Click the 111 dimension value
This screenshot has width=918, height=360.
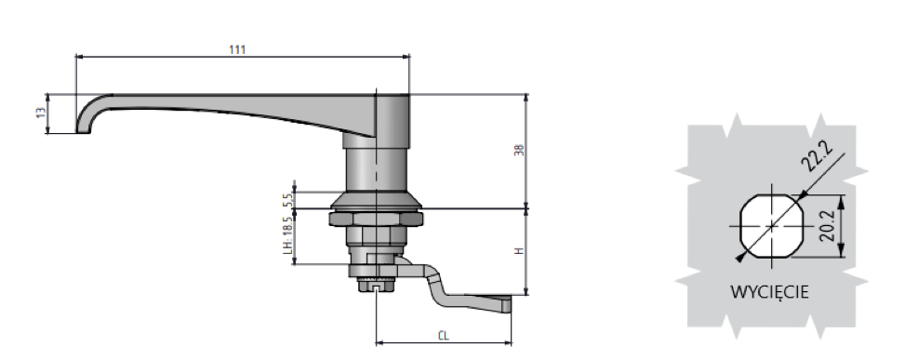point(237,49)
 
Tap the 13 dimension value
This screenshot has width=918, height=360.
point(40,113)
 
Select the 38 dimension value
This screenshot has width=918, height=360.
point(519,150)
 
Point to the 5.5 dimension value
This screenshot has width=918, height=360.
point(286,199)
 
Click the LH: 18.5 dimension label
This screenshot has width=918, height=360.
point(286,235)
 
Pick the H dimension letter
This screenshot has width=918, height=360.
point(519,251)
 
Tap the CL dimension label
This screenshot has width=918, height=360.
point(444,336)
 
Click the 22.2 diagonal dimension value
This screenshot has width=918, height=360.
point(817,156)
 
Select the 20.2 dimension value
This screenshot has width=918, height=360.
point(827,227)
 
